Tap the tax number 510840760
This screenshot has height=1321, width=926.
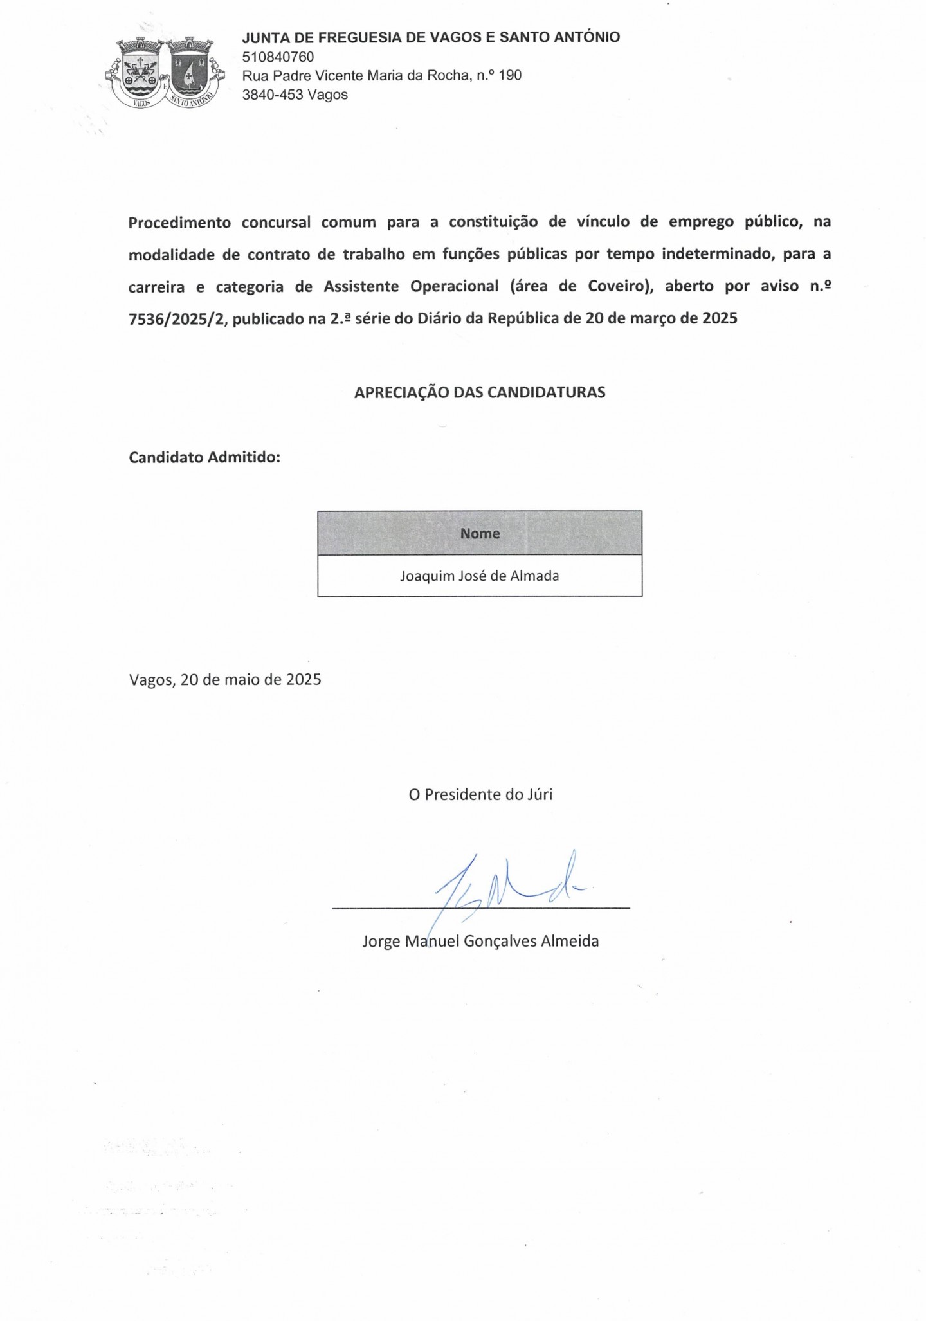pos(278,57)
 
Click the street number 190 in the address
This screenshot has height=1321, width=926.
pos(509,76)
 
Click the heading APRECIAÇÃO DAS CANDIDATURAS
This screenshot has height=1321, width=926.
pos(480,392)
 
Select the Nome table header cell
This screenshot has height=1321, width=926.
pos(480,533)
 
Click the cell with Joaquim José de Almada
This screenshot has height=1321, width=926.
pos(480,576)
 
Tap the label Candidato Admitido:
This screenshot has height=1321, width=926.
pos(204,457)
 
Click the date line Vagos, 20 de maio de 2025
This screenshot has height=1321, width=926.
pos(225,680)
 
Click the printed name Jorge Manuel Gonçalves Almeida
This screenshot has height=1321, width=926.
pos(480,942)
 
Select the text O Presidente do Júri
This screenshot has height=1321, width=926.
pos(480,794)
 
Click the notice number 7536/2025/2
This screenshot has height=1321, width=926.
pos(178,318)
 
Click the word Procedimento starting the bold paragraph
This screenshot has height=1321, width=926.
pos(179,223)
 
